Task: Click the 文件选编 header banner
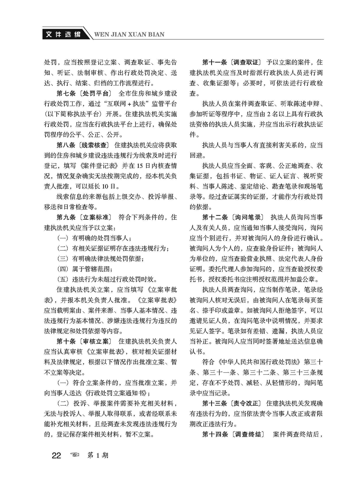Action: click(64, 34)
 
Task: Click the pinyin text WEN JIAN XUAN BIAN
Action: click(129, 34)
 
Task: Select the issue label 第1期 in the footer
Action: click(98, 456)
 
